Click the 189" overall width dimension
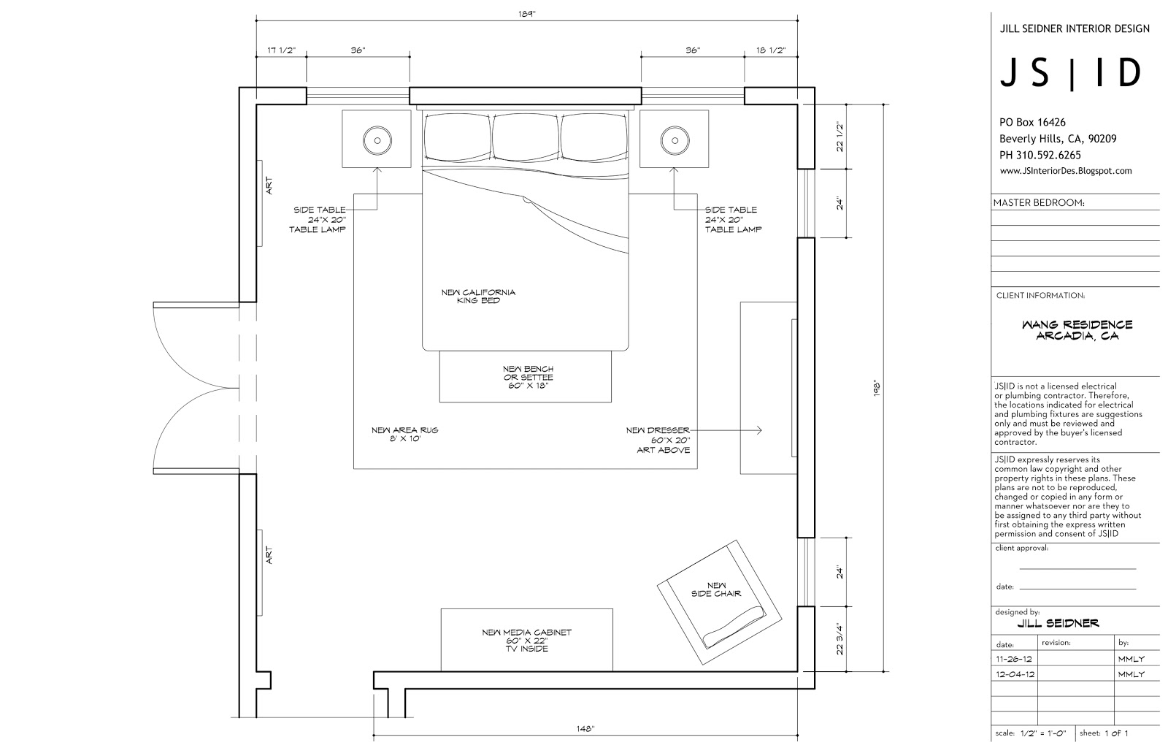(526, 14)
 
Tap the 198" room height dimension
(877, 388)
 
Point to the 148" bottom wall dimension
(585, 729)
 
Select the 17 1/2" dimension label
(281, 50)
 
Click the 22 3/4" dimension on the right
(839, 638)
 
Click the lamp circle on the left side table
(377, 140)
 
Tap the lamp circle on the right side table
(675, 140)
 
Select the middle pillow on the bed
(526, 137)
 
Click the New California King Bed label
(478, 297)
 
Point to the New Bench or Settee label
(529, 377)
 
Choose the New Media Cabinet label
(526, 640)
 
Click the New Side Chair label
(716, 589)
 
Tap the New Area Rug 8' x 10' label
(404, 434)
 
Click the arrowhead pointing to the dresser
(759, 430)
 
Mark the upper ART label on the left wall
(269, 186)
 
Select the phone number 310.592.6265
(1048, 155)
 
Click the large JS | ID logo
(1070, 72)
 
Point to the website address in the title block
(1066, 171)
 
